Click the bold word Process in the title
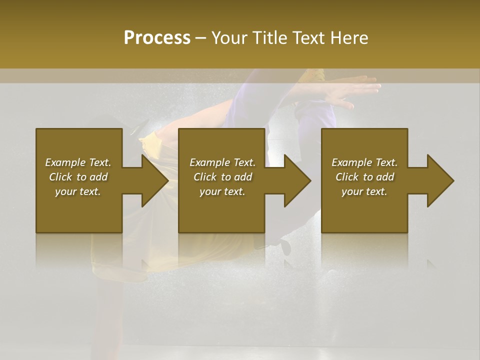pyautogui.click(x=157, y=38)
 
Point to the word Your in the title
pyautogui.click(x=229, y=38)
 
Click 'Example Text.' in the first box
pyautogui.click(x=78, y=162)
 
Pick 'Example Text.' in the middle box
pyautogui.click(x=222, y=162)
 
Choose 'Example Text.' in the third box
pyautogui.click(x=364, y=162)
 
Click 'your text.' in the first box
pyautogui.click(x=78, y=191)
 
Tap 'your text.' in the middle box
pyautogui.click(x=222, y=191)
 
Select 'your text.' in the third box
pyautogui.click(x=364, y=191)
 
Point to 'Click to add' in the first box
pyautogui.click(x=78, y=177)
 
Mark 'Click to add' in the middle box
pyautogui.click(x=222, y=177)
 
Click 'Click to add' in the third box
pyautogui.click(x=364, y=177)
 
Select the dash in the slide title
pyautogui.click(x=200, y=38)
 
